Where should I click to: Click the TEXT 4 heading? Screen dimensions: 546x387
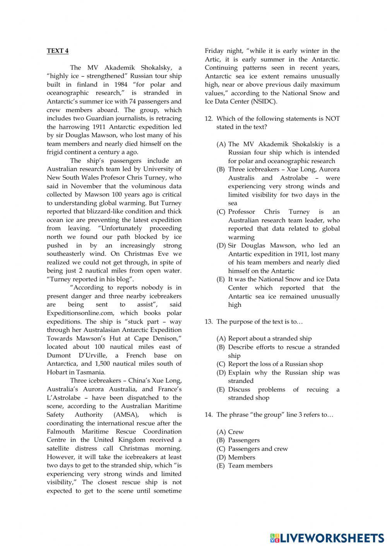pyautogui.click(x=58, y=51)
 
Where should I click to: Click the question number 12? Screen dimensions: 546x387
pyautogui.click(x=209, y=119)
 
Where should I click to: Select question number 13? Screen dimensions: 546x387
pyautogui.click(x=209, y=322)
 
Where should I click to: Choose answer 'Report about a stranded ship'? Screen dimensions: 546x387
pyautogui.click(x=270, y=339)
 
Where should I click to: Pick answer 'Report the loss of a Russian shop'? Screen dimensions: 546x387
pyautogui.click(x=275, y=364)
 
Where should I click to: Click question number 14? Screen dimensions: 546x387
pyautogui.click(x=209, y=415)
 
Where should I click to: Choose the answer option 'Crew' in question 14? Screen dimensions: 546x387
pyautogui.click(x=236, y=432)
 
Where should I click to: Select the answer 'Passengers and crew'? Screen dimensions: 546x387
pyautogui.click(x=258, y=449)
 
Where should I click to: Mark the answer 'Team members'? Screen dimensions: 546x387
pyautogui.click(x=250, y=466)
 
